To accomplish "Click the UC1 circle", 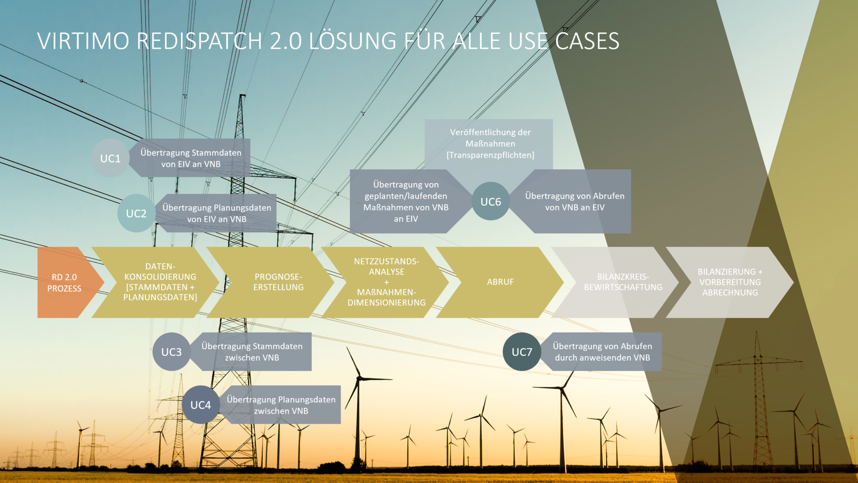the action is point(111,158).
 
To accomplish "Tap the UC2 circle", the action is point(137,213).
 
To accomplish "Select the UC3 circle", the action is point(172,352).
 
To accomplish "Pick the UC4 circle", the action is point(201,405).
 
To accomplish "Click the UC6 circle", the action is point(491,201).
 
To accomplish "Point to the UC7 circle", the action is point(522,352).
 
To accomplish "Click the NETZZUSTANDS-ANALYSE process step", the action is point(385,282).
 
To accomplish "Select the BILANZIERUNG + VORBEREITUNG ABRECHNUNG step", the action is point(730,282).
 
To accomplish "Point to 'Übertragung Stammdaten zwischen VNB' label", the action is point(252,352).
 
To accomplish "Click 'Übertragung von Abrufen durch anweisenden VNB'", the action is point(602,352).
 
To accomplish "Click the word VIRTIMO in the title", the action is point(83,41).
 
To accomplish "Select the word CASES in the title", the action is point(587,41).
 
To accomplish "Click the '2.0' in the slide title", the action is point(286,41).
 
